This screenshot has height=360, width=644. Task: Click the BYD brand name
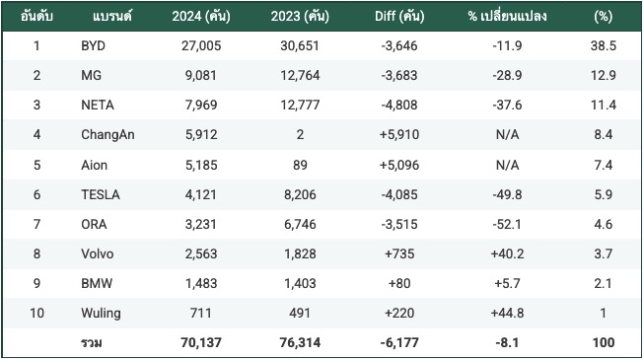click(x=94, y=45)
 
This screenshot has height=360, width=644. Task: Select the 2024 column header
click(x=201, y=16)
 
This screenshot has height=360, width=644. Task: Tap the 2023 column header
click(x=300, y=16)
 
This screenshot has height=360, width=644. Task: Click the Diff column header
click(x=399, y=16)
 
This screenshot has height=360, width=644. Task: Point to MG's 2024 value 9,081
click(x=201, y=75)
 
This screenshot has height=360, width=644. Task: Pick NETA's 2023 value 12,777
click(x=300, y=105)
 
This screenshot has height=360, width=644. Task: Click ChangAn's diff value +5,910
click(x=399, y=134)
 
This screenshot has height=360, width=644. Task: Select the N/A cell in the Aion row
click(x=507, y=165)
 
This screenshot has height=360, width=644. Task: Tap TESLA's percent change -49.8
click(x=507, y=194)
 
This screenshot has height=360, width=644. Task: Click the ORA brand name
click(x=94, y=224)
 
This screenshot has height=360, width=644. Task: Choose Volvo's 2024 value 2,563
click(x=201, y=253)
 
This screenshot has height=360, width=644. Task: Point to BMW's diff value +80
click(x=399, y=283)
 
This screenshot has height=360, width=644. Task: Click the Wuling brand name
click(x=101, y=314)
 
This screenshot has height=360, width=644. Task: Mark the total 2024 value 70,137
click(x=201, y=342)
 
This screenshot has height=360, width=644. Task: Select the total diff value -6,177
click(x=399, y=342)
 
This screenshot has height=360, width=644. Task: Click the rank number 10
click(x=36, y=313)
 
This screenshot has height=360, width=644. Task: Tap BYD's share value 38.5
click(x=604, y=45)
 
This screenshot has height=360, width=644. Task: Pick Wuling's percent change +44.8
click(x=507, y=313)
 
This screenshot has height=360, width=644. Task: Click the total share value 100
click(x=604, y=342)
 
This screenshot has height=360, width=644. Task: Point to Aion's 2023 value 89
click(x=300, y=165)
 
